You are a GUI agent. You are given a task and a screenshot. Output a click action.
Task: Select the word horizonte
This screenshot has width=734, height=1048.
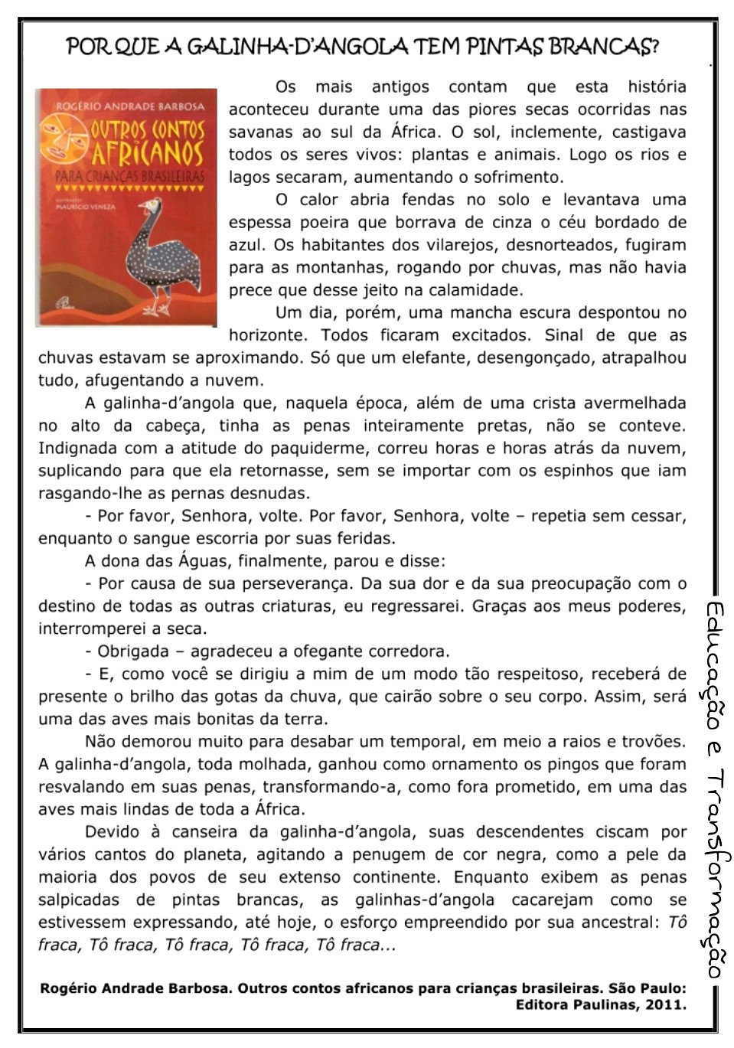point(269,335)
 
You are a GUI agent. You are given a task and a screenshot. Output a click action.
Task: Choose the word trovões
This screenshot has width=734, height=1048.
point(652,741)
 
